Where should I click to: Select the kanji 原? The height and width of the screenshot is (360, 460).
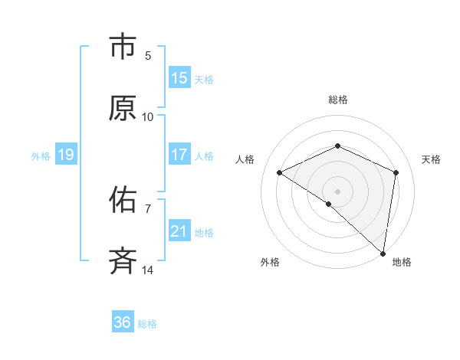123,108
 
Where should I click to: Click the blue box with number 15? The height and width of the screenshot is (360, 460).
179,78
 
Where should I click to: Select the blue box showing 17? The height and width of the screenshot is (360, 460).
179,155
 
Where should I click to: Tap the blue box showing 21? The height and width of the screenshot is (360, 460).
179,231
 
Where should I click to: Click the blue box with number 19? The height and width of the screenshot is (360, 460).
65,155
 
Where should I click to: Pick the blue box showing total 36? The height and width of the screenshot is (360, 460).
123,322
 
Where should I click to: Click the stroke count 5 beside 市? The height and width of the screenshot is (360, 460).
148,55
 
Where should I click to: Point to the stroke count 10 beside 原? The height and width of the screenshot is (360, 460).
148,117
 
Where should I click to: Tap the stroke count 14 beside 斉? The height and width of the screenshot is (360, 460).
148,270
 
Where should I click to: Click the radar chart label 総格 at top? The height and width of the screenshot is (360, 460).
338,100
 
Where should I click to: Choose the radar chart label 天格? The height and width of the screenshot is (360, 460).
432,159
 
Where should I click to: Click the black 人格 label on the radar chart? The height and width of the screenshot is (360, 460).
245,159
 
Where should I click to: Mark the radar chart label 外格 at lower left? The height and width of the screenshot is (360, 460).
270,263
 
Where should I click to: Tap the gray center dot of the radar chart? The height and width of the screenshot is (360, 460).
338,191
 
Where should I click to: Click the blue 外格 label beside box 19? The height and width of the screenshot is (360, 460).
41,155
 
